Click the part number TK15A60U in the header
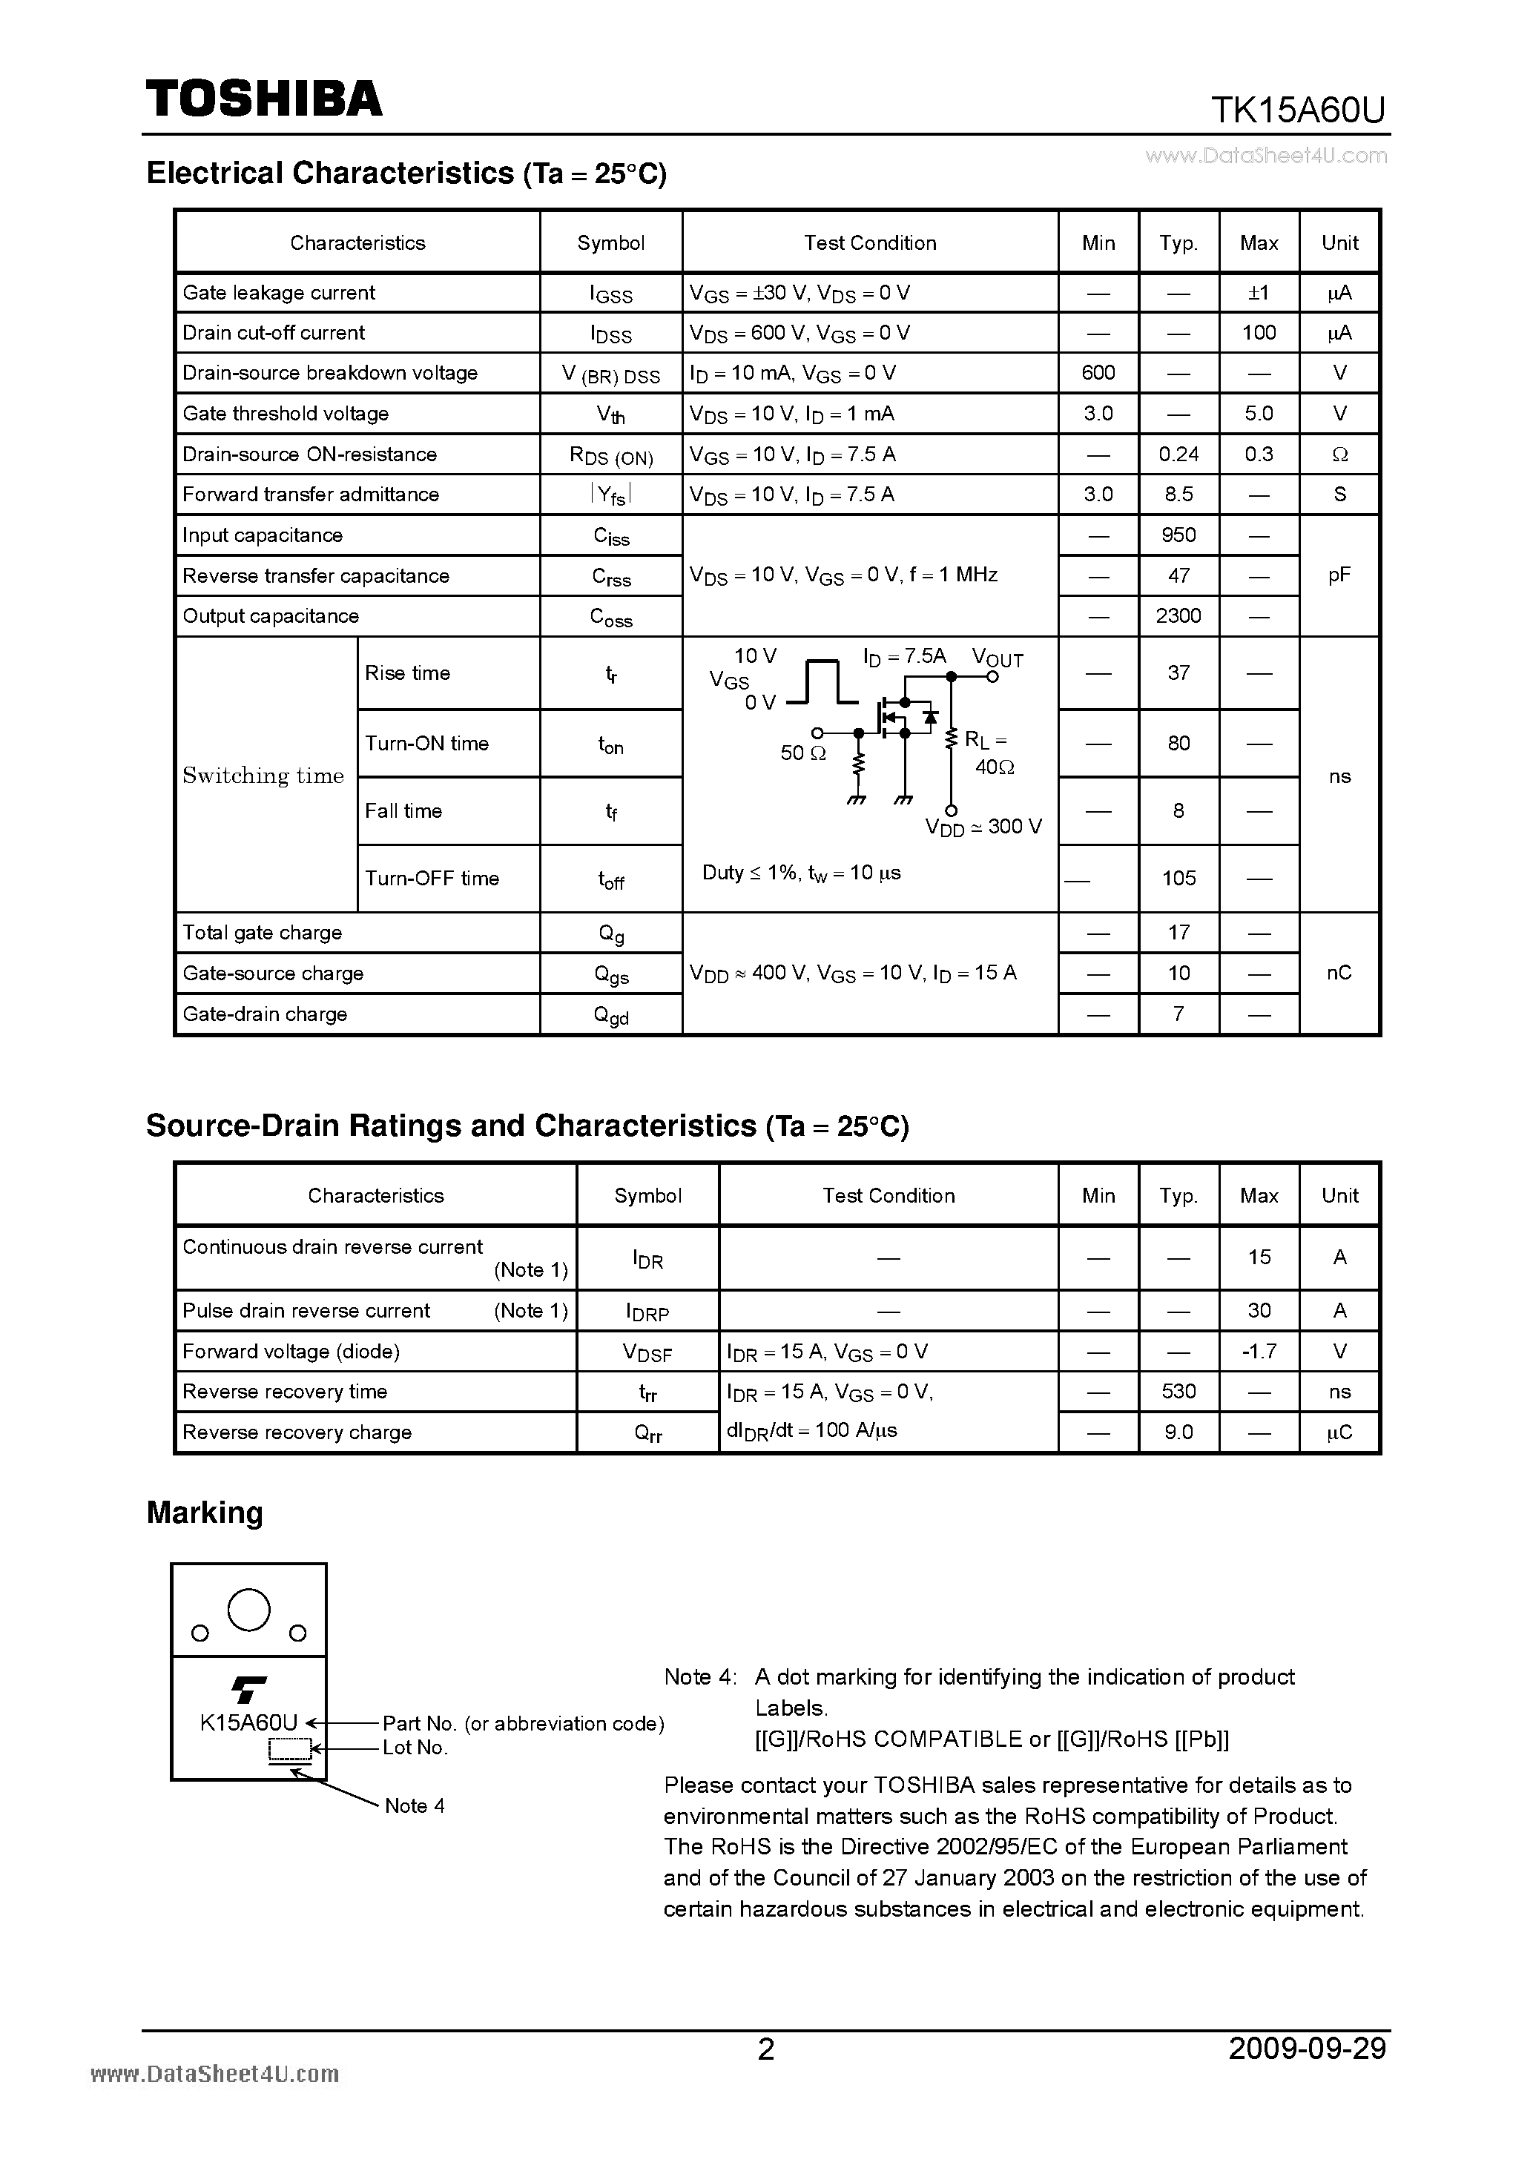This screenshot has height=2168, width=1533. [x=1297, y=111]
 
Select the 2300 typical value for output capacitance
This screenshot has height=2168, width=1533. [x=1178, y=615]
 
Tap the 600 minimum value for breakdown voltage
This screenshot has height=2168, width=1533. [x=1098, y=372]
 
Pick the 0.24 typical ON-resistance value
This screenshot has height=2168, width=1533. [x=1178, y=455]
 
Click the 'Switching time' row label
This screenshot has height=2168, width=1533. [x=263, y=776]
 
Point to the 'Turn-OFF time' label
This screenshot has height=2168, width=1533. [x=432, y=878]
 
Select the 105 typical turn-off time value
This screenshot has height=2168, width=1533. [x=1178, y=878]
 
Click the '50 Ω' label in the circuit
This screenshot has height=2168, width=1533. [x=803, y=753]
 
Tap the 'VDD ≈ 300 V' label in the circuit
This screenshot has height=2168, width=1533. [x=983, y=827]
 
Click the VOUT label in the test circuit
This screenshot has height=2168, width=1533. [x=998, y=658]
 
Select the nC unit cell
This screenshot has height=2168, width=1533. [x=1339, y=973]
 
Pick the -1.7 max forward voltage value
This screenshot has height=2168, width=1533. [x=1258, y=1351]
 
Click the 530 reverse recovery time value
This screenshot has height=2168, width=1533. [x=1178, y=1391]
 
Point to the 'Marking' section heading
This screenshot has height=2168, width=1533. [x=205, y=1512]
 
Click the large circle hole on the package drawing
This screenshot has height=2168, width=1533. [x=249, y=1609]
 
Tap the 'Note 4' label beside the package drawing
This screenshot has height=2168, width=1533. [x=414, y=1805]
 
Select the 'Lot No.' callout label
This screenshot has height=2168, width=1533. [x=415, y=1747]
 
